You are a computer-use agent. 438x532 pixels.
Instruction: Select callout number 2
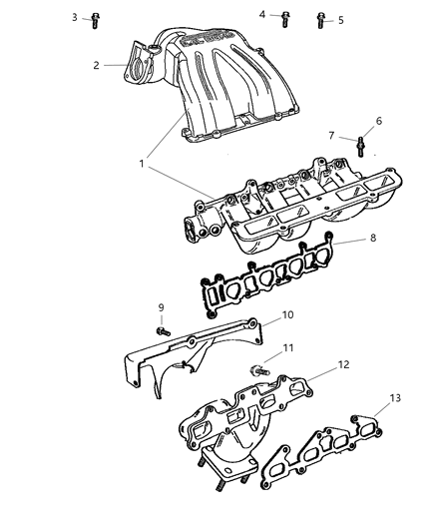click(x=97, y=66)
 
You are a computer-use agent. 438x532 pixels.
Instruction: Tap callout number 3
click(x=74, y=17)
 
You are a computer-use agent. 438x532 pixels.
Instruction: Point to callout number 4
click(x=262, y=15)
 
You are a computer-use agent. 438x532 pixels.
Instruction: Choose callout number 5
click(x=340, y=19)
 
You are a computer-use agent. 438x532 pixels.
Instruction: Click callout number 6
click(x=378, y=121)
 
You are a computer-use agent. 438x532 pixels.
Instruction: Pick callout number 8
click(x=372, y=239)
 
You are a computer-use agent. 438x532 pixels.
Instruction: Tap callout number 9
click(x=160, y=306)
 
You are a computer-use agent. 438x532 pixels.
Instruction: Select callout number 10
click(x=287, y=314)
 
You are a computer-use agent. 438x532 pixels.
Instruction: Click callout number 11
click(x=287, y=347)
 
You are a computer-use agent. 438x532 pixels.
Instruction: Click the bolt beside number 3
click(x=95, y=18)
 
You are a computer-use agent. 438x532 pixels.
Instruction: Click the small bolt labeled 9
click(x=162, y=329)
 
